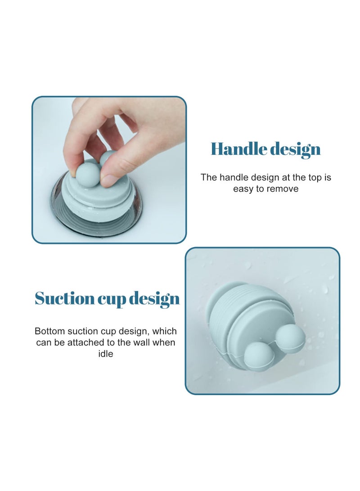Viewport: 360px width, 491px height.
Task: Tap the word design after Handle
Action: (x=293, y=150)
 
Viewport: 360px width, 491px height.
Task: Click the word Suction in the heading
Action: (x=64, y=298)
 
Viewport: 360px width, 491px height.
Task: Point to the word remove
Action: (x=282, y=189)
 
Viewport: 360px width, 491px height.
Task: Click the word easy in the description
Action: (x=243, y=189)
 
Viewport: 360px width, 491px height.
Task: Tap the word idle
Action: (x=106, y=354)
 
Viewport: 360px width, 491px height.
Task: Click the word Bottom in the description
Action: (x=49, y=331)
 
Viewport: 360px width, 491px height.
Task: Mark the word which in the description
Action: (x=164, y=331)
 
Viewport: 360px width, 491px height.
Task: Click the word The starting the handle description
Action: (x=209, y=177)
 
